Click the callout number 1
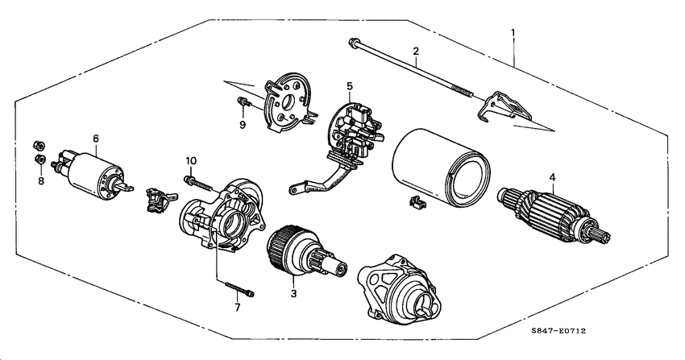(513, 33)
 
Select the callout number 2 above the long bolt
(415, 52)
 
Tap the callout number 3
(293, 294)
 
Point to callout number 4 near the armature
(552, 177)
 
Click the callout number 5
(350, 85)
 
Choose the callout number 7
(238, 308)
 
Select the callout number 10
(191, 160)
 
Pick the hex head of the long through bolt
(353, 42)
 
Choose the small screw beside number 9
(242, 102)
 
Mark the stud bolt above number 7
(235, 287)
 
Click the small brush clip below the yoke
(417, 203)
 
